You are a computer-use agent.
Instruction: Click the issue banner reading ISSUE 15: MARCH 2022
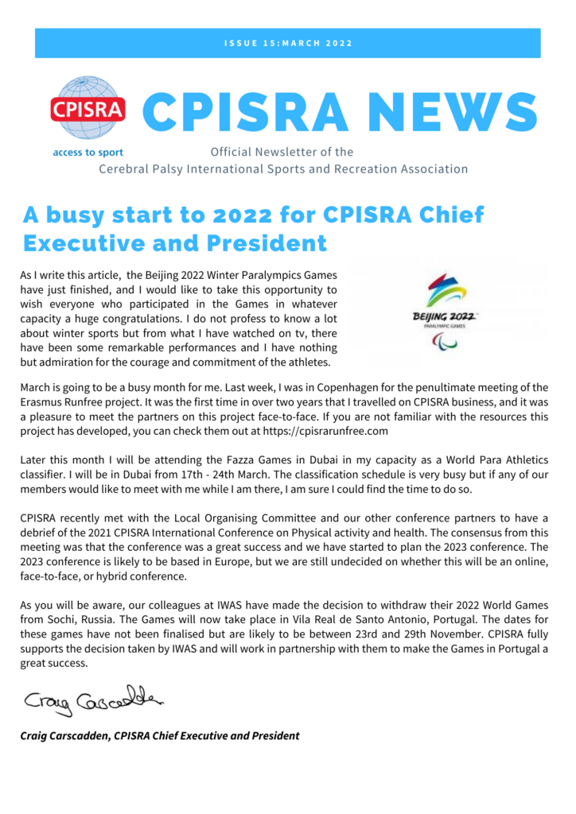point(287,43)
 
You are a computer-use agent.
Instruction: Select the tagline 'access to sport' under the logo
point(88,152)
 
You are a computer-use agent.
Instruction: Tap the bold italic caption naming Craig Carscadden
point(160,735)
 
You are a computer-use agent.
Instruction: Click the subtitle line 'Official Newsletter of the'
point(282,152)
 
